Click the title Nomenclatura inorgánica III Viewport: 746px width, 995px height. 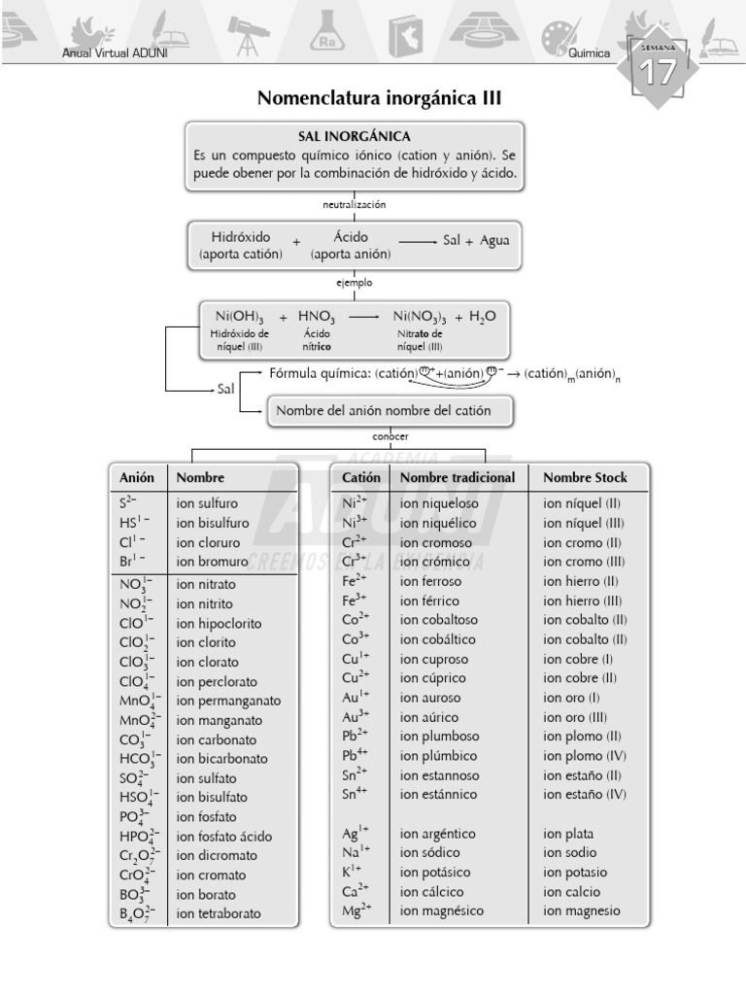pyautogui.click(x=379, y=98)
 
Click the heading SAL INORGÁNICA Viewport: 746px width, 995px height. pyautogui.click(x=354, y=136)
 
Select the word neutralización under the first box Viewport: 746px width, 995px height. pyautogui.click(x=355, y=204)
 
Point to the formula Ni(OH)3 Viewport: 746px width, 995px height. pyautogui.click(x=239, y=317)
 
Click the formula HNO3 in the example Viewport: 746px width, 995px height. pyautogui.click(x=317, y=317)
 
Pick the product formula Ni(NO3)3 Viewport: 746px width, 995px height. pyautogui.click(x=420, y=317)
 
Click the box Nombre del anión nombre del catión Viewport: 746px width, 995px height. pyautogui.click(x=384, y=411)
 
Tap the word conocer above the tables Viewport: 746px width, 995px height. pyautogui.click(x=390, y=436)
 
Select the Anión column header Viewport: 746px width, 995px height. pyautogui.click(x=137, y=477)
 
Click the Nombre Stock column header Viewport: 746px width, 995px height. pyautogui.click(x=585, y=477)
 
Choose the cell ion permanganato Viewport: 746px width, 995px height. pyautogui.click(x=228, y=701)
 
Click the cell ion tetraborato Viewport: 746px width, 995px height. pyautogui.click(x=219, y=914)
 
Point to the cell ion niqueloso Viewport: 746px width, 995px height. pyautogui.click(x=438, y=503)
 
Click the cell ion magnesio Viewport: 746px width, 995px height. pyautogui.click(x=581, y=911)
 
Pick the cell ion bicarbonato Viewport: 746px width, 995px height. pyautogui.click(x=222, y=759)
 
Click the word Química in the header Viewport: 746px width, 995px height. pyautogui.click(x=590, y=53)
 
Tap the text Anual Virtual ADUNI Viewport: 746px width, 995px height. pyautogui.click(x=115, y=53)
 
